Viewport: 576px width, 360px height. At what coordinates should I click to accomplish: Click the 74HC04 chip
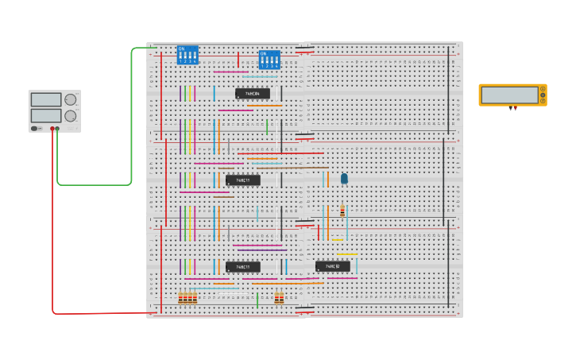tap(252, 94)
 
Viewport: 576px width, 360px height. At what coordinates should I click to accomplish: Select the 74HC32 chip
tap(332, 266)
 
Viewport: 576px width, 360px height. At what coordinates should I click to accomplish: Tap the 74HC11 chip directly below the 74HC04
tap(242, 180)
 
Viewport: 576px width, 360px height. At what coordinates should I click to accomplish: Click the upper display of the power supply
tap(45, 99)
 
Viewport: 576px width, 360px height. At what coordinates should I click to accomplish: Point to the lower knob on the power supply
tap(71, 116)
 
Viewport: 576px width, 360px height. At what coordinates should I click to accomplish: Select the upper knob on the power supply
tap(71, 99)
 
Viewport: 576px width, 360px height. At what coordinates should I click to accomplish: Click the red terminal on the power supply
tap(52, 129)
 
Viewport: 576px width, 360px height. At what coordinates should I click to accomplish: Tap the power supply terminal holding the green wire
tap(57, 129)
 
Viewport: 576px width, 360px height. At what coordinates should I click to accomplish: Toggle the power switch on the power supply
tap(35, 128)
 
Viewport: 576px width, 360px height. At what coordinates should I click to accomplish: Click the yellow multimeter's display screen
tap(508, 95)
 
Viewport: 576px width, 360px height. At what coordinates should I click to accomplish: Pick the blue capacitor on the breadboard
tap(344, 179)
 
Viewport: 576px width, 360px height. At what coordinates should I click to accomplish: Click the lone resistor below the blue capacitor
tap(342, 211)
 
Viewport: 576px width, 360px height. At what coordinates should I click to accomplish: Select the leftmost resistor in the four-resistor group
tap(180, 298)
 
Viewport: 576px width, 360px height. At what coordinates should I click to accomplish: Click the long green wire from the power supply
tap(132, 119)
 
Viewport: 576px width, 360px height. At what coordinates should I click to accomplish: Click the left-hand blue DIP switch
tap(187, 55)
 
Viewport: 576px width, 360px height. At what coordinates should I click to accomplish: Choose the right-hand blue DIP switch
tap(269, 60)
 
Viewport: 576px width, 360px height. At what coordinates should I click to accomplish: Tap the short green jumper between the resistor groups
tap(257, 300)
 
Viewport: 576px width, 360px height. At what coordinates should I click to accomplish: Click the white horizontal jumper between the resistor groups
tap(234, 295)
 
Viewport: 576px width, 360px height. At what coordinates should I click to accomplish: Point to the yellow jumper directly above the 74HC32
tap(346, 255)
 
